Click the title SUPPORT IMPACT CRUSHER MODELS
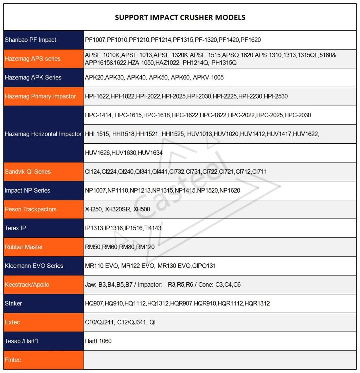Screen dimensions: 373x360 pyautogui.click(x=180, y=17)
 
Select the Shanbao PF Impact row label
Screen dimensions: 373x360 pyautogui.click(x=31, y=40)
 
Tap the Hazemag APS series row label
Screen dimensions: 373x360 pyautogui.click(x=33, y=59)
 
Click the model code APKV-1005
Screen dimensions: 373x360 pyautogui.click(x=208, y=77)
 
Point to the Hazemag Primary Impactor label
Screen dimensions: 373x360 pyautogui.click(x=40, y=96)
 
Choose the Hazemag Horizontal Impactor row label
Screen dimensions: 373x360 pyautogui.click(x=43, y=134)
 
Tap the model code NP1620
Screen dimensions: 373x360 pyautogui.click(x=230, y=191)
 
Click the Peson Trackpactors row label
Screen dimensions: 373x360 pyautogui.click(x=31, y=209)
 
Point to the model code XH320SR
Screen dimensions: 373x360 pyautogui.click(x=118, y=209)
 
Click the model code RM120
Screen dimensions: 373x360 pyautogui.click(x=145, y=247)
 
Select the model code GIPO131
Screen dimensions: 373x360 pyautogui.click(x=204, y=266)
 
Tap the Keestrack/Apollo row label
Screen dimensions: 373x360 pyautogui.click(x=27, y=285)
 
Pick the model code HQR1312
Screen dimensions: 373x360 pyautogui.click(x=257, y=303)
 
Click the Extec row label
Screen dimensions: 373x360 pyautogui.click(x=12, y=322)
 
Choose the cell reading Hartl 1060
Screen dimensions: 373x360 pyautogui.click(x=98, y=341)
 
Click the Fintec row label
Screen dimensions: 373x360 pyautogui.click(x=13, y=360)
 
